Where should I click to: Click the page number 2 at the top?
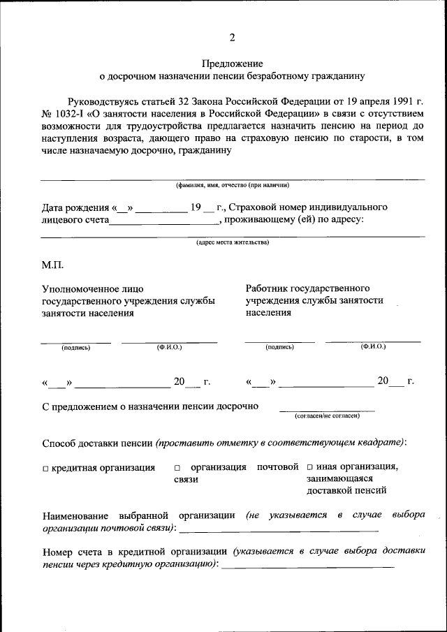(x=232, y=37)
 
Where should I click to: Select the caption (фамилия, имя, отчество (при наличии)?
(x=232, y=185)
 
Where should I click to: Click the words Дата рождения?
(x=72, y=207)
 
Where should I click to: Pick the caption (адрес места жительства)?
(x=232, y=242)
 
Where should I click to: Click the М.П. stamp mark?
(x=52, y=265)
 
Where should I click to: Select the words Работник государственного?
(x=307, y=288)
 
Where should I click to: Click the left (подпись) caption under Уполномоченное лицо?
(x=75, y=347)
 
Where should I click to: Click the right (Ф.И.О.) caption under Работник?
(x=373, y=346)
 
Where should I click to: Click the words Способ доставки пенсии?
(x=97, y=443)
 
